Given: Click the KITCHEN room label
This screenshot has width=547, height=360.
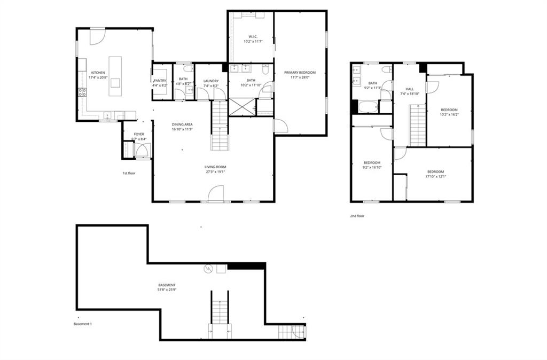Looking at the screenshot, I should pyautogui.click(x=98, y=73).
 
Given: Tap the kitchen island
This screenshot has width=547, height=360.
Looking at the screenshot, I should pyautogui.click(x=115, y=76).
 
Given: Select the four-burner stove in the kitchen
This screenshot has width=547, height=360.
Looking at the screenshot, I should pyautogui.click(x=83, y=95).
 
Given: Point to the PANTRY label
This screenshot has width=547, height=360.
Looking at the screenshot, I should pyautogui.click(x=160, y=80).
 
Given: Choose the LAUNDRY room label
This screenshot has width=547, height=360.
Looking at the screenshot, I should pyautogui.click(x=211, y=81).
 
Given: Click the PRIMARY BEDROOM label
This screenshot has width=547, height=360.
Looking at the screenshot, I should pyautogui.click(x=300, y=73).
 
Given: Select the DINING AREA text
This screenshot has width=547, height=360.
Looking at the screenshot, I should pyautogui.click(x=182, y=124).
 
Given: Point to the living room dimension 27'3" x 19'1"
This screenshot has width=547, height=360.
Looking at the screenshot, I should pyautogui.click(x=215, y=172).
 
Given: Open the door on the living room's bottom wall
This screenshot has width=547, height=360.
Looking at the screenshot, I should pyautogui.click(x=215, y=194).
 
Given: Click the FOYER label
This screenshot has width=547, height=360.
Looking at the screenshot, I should pyautogui.click(x=139, y=134).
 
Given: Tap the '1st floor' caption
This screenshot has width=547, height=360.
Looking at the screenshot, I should pyautogui.click(x=129, y=173).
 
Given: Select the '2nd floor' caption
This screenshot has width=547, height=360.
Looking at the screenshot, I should pyautogui.click(x=357, y=216).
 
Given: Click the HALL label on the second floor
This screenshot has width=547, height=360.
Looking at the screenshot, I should pyautogui.click(x=410, y=89).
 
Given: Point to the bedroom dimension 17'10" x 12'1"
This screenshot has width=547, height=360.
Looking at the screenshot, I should pyautogui.click(x=436, y=176).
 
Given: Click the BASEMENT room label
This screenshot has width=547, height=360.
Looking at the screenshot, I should pyautogui.click(x=166, y=285).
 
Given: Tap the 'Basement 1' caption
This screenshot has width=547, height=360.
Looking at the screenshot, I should pyautogui.click(x=83, y=324).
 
